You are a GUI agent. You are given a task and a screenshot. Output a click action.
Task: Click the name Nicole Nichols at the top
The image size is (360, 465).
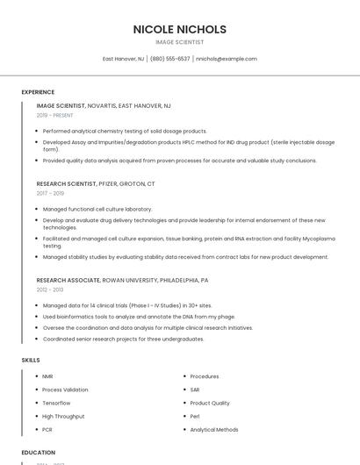click(179, 29)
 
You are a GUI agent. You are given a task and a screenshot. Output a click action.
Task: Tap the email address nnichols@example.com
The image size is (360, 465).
click(227, 59)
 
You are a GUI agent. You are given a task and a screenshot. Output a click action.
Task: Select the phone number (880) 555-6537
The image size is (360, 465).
click(169, 59)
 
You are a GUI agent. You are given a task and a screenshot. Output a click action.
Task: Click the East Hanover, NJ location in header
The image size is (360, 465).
click(123, 59)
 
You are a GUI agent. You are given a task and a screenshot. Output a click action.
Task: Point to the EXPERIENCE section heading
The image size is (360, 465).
click(38, 92)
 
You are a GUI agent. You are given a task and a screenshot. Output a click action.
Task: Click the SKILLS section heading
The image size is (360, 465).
click(31, 360)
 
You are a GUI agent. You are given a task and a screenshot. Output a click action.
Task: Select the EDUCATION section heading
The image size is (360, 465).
click(39, 453)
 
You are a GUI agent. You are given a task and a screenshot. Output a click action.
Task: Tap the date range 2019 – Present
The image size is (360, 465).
click(54, 115)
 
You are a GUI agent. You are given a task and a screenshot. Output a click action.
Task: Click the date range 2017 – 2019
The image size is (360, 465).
click(50, 193)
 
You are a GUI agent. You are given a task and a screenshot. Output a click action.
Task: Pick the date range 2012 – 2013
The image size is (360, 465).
click(49, 289)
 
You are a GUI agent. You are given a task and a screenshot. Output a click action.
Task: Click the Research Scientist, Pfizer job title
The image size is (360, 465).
click(96, 184)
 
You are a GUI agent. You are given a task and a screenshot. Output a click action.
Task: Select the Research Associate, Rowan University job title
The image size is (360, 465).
click(122, 280)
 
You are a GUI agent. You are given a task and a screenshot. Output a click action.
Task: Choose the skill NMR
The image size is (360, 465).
click(47, 376)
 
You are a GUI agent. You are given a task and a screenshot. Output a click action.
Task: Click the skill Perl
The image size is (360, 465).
click(195, 416)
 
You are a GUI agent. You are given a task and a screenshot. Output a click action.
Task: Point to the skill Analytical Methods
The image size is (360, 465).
click(213, 430)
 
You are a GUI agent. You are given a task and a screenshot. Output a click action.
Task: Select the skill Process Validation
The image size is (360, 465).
click(65, 390)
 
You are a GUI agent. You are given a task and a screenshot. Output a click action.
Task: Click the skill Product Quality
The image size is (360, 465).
click(210, 403)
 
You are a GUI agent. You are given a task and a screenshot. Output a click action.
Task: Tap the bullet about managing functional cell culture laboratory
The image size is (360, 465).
click(97, 209)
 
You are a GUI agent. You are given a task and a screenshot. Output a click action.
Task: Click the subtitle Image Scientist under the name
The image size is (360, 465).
click(179, 42)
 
